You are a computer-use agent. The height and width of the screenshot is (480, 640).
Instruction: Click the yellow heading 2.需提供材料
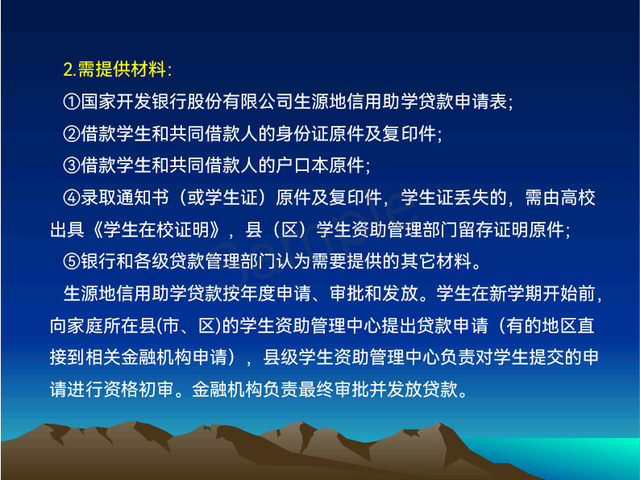point(118,69)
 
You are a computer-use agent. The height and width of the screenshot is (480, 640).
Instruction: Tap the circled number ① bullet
point(72,102)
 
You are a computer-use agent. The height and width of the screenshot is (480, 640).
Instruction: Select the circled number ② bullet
point(72,133)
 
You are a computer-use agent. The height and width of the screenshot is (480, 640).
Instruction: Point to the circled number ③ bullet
point(72,165)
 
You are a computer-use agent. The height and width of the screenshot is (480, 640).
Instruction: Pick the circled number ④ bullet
point(72,198)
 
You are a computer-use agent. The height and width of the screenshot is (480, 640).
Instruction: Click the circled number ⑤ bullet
point(72,261)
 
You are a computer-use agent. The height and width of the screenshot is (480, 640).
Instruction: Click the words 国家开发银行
point(134,102)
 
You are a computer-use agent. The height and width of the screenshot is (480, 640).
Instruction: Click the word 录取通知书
point(124,198)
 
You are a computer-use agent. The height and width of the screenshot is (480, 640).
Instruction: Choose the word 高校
point(578,198)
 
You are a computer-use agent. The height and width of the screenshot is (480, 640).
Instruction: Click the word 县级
point(281,357)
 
